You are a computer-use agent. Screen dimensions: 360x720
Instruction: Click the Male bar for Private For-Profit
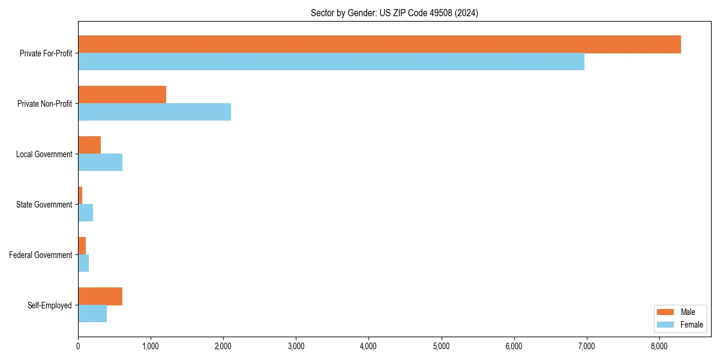[379, 44]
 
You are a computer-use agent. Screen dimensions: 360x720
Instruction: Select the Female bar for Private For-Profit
[331, 62]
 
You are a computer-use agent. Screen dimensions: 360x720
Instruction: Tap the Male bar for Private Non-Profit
[122, 95]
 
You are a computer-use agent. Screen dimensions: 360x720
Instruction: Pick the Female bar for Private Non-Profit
[154, 112]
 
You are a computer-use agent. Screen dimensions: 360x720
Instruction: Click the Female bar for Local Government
[100, 163]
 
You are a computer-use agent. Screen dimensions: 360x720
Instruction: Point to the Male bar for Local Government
[89, 145]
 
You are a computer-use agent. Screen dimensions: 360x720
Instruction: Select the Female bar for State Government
[85, 213]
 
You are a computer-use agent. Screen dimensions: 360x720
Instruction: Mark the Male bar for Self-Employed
[100, 296]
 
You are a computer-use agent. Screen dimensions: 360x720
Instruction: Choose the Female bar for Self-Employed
[92, 314]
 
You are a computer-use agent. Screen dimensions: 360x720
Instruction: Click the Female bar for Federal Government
[83, 263]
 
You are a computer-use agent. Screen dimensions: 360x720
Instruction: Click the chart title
[394, 13]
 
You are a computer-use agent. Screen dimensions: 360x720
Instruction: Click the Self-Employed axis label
[50, 305]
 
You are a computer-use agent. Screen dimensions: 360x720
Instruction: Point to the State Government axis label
[44, 205]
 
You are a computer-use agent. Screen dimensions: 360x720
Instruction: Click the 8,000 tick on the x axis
[659, 346]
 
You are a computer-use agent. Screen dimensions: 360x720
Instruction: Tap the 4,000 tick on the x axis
[368, 346]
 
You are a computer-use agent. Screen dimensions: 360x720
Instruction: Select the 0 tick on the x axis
[78, 346]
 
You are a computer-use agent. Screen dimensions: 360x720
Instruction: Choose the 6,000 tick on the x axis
[514, 346]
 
